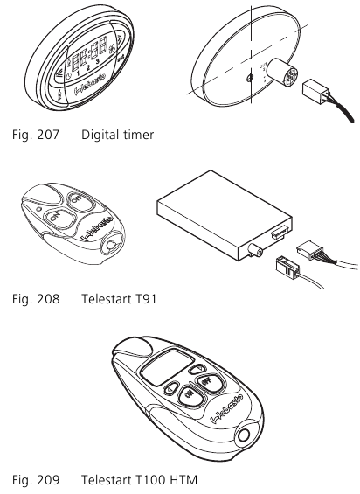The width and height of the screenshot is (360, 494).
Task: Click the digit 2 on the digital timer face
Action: pyautogui.click(x=88, y=67)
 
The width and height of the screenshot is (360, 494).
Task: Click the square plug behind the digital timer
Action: pyautogui.click(x=314, y=91)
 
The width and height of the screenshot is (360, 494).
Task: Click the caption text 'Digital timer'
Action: pyautogui.click(x=117, y=135)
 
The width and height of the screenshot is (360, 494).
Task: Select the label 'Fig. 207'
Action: pyautogui.click(x=36, y=135)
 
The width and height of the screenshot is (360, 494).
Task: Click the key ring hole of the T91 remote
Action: pyautogui.click(x=112, y=245)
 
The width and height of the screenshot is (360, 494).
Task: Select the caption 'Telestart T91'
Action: pyautogui.click(x=119, y=299)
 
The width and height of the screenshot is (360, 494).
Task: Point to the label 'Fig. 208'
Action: pyautogui.click(x=36, y=299)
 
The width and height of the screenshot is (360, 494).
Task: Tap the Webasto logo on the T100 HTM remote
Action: pyautogui.click(x=227, y=407)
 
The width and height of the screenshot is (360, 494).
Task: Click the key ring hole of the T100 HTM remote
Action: pyautogui.click(x=244, y=435)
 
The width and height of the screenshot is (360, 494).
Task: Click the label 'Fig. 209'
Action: pyautogui.click(x=36, y=480)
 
